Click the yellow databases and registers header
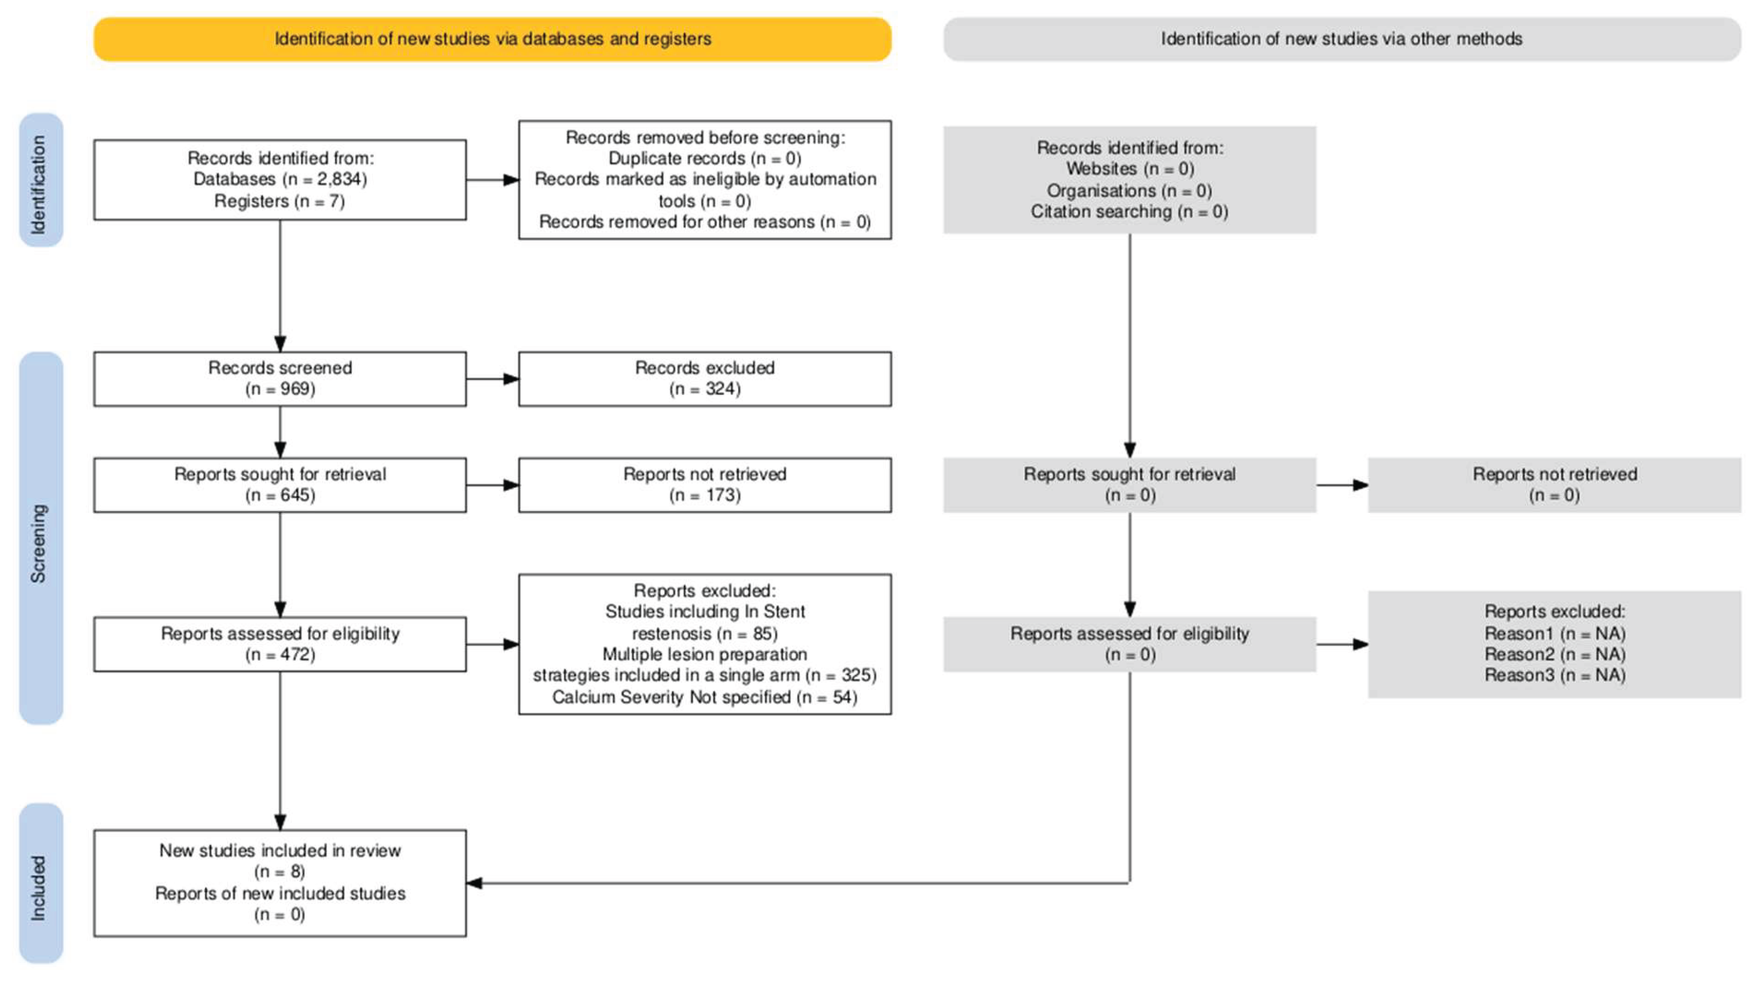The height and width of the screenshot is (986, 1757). [x=492, y=39]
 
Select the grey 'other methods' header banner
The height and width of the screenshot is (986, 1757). [x=1342, y=39]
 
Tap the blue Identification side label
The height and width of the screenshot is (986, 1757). [x=41, y=180]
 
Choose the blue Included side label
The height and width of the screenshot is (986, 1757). [x=41, y=883]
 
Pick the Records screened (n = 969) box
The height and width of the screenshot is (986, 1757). [x=281, y=379]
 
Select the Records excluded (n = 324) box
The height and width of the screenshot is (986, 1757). [x=705, y=379]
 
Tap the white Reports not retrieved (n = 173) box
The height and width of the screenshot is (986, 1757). [x=705, y=485]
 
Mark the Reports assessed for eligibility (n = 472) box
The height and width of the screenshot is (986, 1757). [x=281, y=644]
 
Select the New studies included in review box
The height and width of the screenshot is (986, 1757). [x=281, y=883]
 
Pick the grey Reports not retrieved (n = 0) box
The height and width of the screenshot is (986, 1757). [x=1554, y=485]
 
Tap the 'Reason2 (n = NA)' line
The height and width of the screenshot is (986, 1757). [x=1555, y=655]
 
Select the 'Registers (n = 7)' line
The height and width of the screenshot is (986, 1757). [x=280, y=201]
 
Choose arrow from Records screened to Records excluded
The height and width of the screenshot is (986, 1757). [x=492, y=379]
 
